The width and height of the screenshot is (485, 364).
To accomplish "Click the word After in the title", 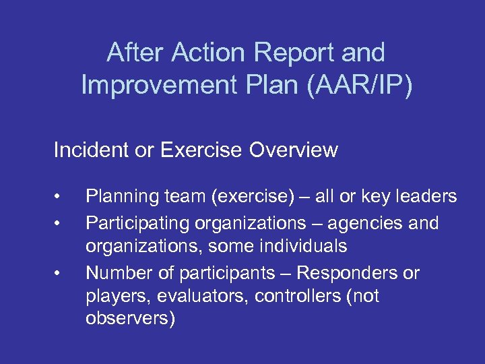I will [136, 53].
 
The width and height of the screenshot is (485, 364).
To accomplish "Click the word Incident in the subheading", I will [87, 150].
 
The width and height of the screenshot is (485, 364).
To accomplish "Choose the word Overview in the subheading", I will [293, 150].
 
